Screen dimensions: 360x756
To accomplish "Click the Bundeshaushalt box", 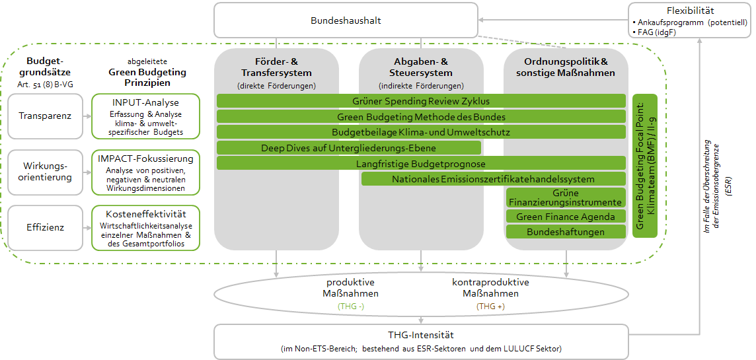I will tap(345, 20).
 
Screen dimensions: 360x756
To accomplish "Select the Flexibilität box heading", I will tap(690, 11).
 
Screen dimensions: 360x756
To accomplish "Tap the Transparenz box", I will tap(46, 116).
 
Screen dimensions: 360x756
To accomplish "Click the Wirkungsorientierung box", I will tap(46, 172).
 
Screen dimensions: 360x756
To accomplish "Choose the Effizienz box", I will tap(46, 228).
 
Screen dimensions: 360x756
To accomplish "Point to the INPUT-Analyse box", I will tap(145, 116).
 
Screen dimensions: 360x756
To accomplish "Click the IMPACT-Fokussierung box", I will tap(145, 172).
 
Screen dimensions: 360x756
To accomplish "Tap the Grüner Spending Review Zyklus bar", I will tap(421, 100).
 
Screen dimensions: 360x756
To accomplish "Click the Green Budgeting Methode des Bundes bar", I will tap(421, 116).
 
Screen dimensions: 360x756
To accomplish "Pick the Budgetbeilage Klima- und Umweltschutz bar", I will tap(421, 132).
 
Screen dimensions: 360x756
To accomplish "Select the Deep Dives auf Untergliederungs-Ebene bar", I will tap(348, 147).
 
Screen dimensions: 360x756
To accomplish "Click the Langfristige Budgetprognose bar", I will tap(421, 163).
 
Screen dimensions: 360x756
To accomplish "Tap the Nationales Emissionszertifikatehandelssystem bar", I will tap(493, 179).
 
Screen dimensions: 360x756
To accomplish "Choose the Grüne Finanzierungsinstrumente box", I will tap(565, 198).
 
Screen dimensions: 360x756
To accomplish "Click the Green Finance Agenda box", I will tap(565, 217).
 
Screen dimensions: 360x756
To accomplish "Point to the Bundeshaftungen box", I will tap(565, 232).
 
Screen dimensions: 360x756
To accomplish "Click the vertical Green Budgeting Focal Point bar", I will tap(645, 165).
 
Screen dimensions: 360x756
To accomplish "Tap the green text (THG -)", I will tap(352, 306).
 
